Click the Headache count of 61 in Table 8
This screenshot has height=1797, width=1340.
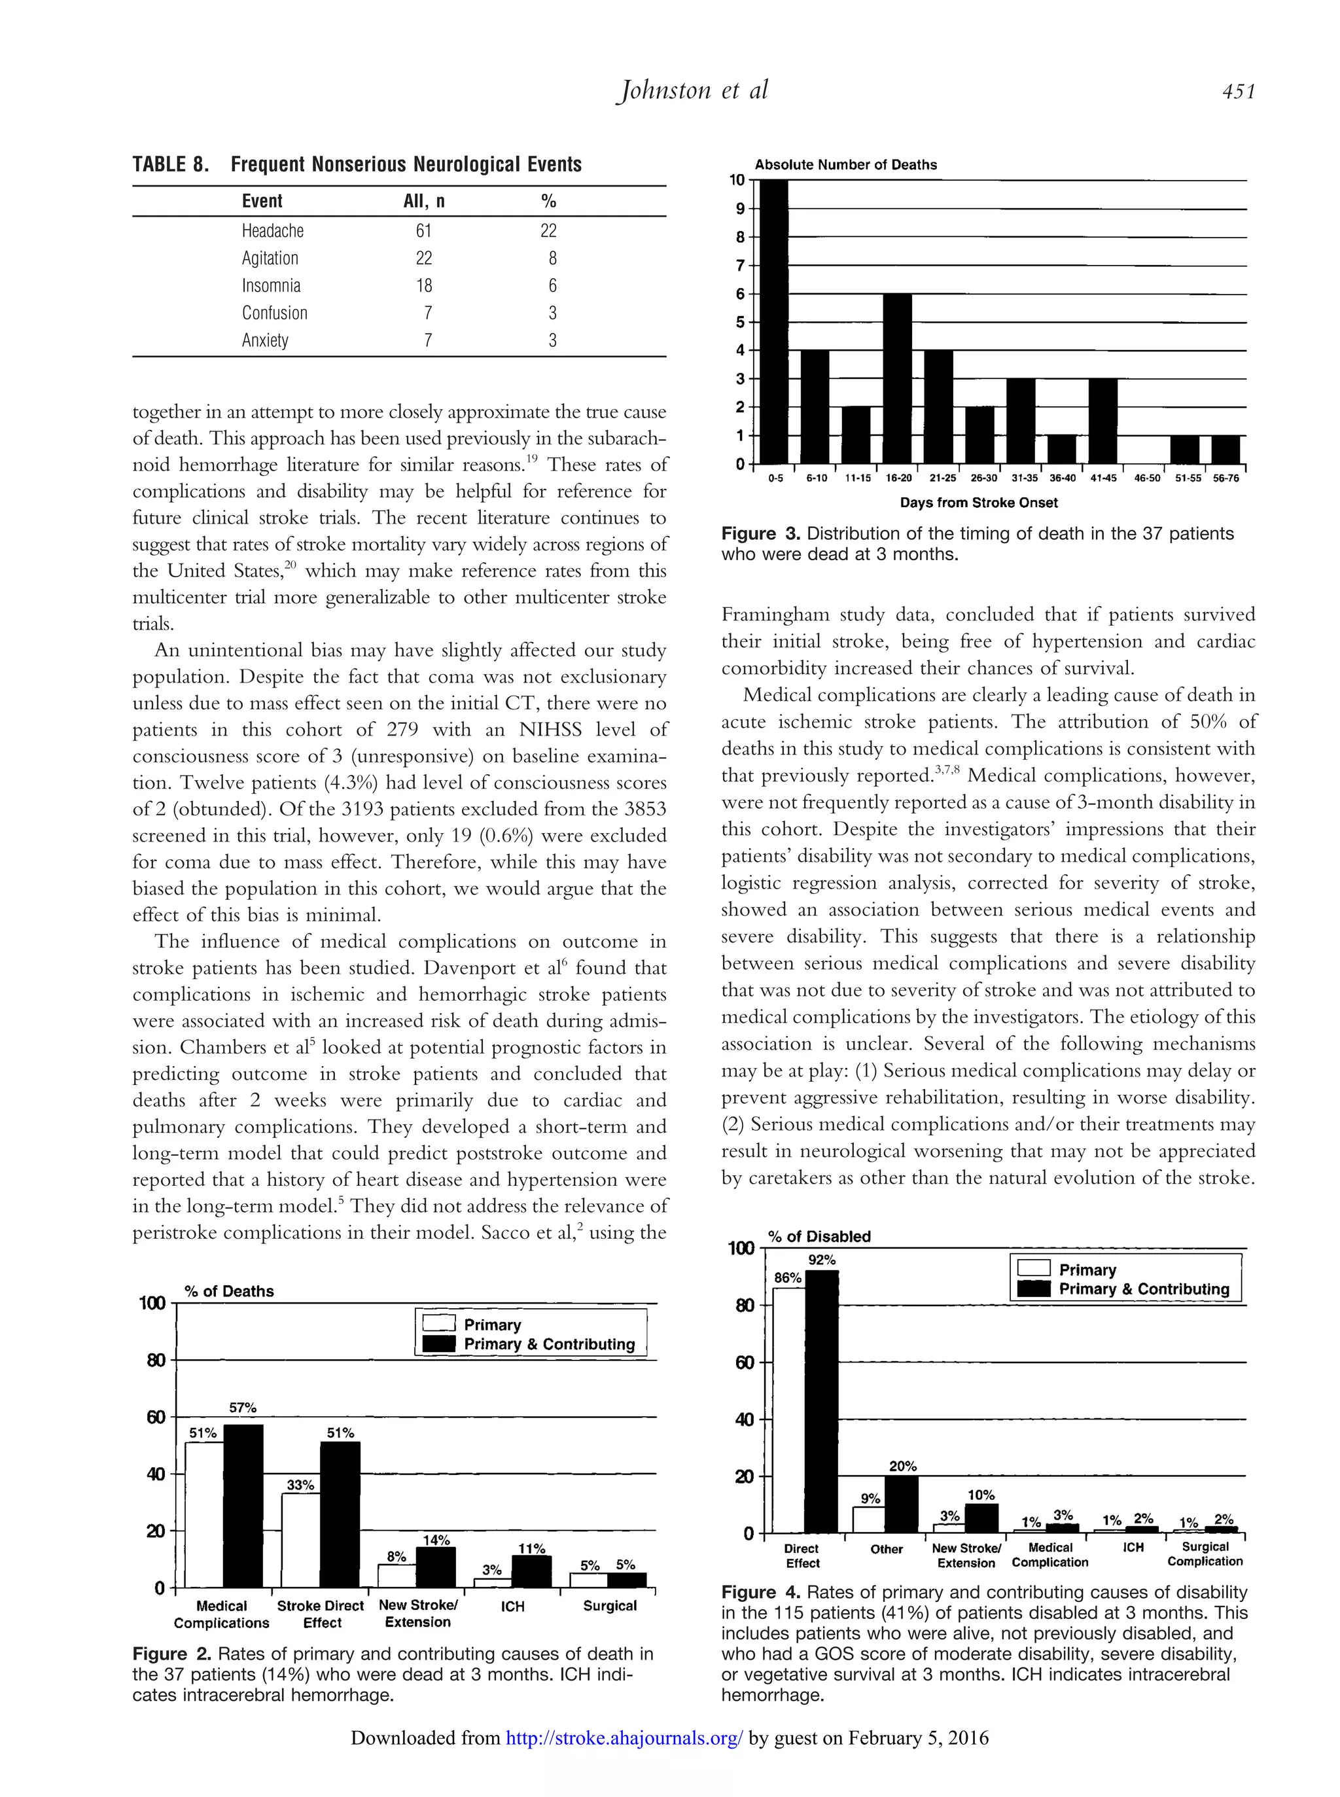click(423, 231)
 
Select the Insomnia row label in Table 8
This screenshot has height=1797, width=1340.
click(271, 285)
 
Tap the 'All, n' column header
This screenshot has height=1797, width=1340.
click(423, 201)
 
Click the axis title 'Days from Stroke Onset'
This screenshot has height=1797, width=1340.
click(978, 503)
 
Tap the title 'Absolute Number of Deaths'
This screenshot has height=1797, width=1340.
click(845, 165)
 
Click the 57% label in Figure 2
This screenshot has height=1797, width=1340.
click(243, 1408)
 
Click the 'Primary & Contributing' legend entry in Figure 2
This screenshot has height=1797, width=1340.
click(548, 1344)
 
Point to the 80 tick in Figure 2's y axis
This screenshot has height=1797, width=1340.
click(156, 1361)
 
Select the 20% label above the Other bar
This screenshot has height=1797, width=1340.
click(902, 1467)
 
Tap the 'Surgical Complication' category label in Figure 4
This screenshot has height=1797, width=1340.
click(1205, 1554)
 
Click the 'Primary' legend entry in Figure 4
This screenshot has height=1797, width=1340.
click(1087, 1270)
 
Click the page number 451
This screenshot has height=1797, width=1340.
click(1238, 92)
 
